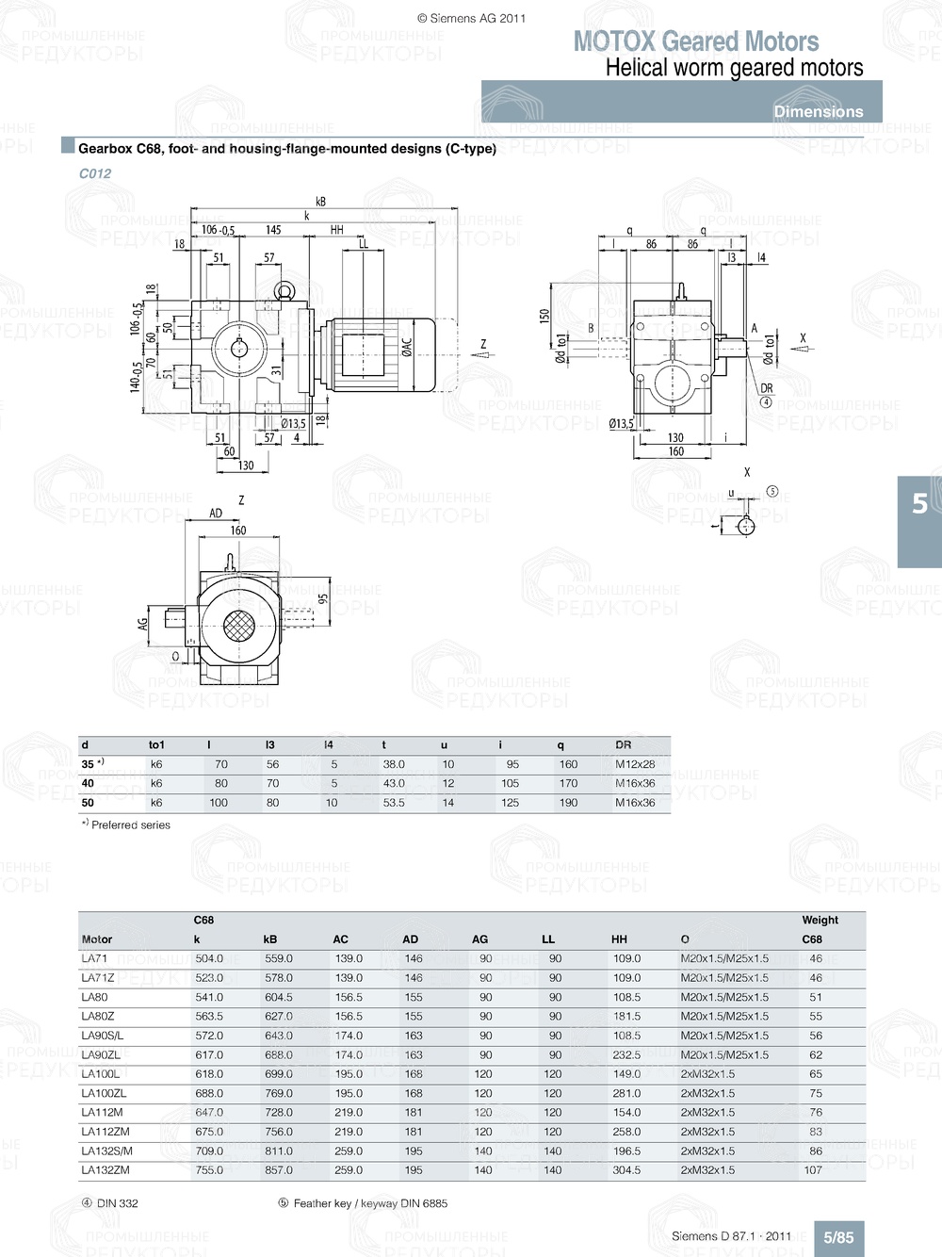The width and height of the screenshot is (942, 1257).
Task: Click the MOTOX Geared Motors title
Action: [696, 41]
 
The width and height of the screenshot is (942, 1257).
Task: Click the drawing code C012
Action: [95, 173]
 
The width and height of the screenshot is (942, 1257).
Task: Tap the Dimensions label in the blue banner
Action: [818, 111]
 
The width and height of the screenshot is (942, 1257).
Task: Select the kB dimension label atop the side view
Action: [320, 202]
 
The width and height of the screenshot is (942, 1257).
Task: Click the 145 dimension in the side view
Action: [273, 230]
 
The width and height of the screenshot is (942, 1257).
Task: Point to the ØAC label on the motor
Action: [407, 348]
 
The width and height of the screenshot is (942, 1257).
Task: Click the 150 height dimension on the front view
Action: [544, 317]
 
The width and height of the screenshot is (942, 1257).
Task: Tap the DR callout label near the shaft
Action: [766, 388]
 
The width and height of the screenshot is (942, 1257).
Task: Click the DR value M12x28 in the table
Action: [635, 764]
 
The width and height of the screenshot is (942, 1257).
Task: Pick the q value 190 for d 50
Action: [568, 803]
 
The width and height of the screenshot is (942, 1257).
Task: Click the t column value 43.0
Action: [394, 783]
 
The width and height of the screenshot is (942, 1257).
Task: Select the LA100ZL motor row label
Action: [104, 1093]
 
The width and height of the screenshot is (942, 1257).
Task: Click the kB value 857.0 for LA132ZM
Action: [279, 1170]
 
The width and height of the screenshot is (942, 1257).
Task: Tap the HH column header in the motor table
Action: [619, 939]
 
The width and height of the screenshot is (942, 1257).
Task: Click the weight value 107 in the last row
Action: [813, 1170]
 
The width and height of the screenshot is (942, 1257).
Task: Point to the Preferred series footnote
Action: [130, 825]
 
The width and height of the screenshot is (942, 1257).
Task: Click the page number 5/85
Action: [838, 1237]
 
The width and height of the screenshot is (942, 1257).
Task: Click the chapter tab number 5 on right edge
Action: [919, 504]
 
